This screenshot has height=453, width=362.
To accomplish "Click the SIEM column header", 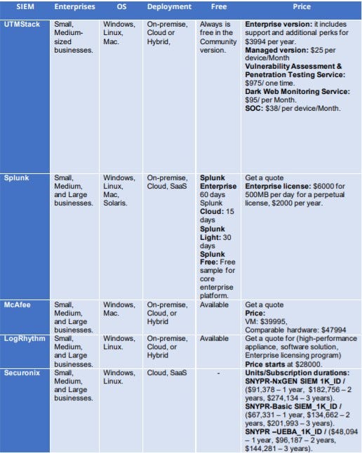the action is click(25, 7).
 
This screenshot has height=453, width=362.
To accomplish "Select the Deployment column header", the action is click(169, 7).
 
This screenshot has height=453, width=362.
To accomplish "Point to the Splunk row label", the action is click(17, 178).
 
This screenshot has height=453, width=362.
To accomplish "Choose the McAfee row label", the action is click(18, 304).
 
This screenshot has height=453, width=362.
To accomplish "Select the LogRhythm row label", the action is click(23, 338).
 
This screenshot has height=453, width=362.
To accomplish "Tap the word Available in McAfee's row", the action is click(214, 305).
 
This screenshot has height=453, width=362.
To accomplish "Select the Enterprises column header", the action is click(75, 7).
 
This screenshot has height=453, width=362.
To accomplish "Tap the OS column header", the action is click(121, 7).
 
